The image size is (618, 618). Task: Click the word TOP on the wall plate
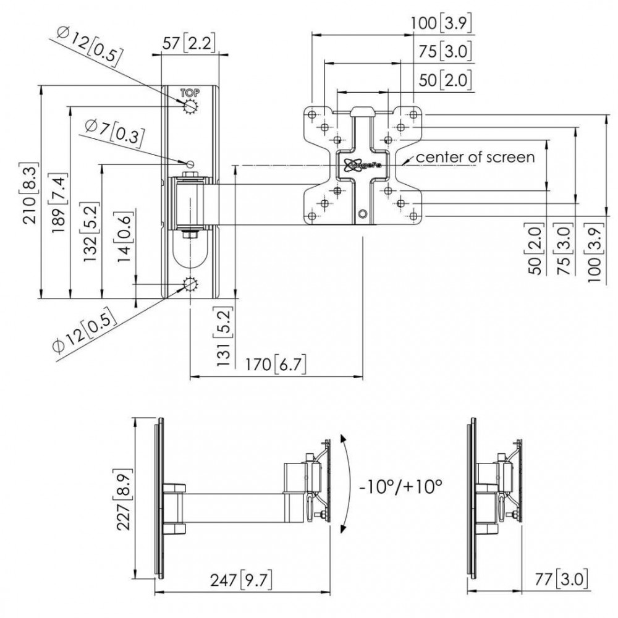click(x=190, y=93)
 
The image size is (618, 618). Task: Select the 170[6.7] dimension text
click(x=277, y=364)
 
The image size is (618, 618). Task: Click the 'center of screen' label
click(x=475, y=157)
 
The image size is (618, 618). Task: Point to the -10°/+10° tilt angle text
click(x=401, y=486)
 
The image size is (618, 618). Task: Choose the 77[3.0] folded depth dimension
click(x=561, y=580)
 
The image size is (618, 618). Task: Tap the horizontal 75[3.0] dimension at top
click(x=449, y=52)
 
